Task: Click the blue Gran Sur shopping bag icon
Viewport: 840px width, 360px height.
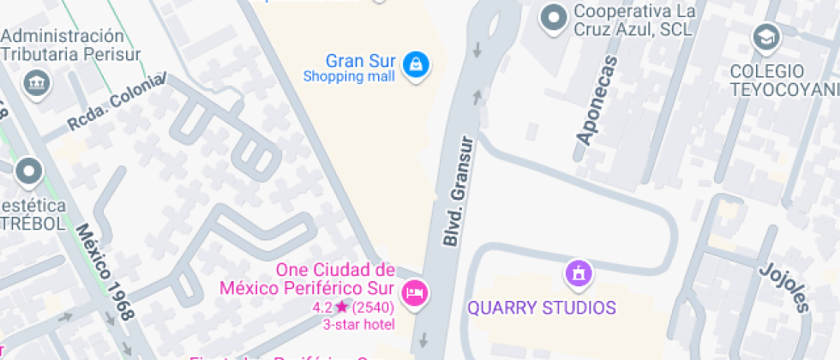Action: click(x=416, y=64)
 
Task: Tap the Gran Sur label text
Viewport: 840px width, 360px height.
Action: click(x=360, y=61)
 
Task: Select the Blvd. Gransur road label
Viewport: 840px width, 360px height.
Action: click(x=459, y=190)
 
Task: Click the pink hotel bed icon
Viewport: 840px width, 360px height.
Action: click(x=416, y=291)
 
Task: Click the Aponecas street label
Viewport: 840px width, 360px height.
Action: click(x=597, y=100)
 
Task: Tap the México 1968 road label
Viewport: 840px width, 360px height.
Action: click(x=104, y=272)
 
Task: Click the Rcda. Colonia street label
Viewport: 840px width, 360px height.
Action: click(x=116, y=104)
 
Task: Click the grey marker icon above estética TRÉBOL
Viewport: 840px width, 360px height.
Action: click(x=29, y=171)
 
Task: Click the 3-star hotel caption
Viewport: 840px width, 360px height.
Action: click(x=357, y=324)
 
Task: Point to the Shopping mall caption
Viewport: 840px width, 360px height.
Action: click(x=349, y=77)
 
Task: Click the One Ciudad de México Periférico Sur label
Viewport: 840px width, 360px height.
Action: click(x=334, y=279)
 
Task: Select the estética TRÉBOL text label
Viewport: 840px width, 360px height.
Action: click(x=33, y=215)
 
